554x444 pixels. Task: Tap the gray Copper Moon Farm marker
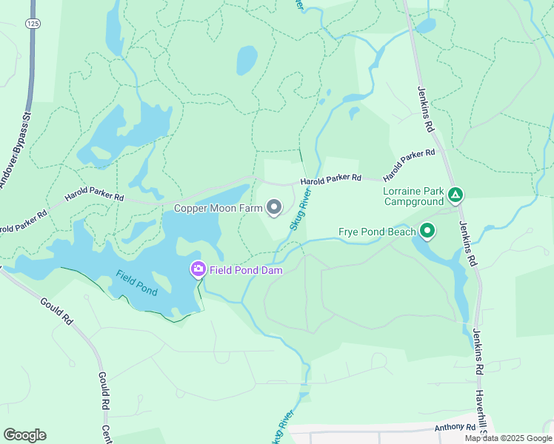coord(274,208)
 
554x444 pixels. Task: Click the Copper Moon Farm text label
coord(218,209)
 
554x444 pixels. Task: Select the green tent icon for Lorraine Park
coord(455,195)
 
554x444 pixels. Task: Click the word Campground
coord(413,201)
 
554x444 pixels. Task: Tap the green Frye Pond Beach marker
coord(427,232)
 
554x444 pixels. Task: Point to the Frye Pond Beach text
coord(377,232)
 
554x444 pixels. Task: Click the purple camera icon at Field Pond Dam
coord(198,269)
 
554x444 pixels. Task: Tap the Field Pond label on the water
coord(137,283)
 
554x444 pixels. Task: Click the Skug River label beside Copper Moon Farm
coord(300,209)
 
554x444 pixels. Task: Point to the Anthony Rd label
coord(455,428)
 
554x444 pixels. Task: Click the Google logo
coord(24,435)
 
